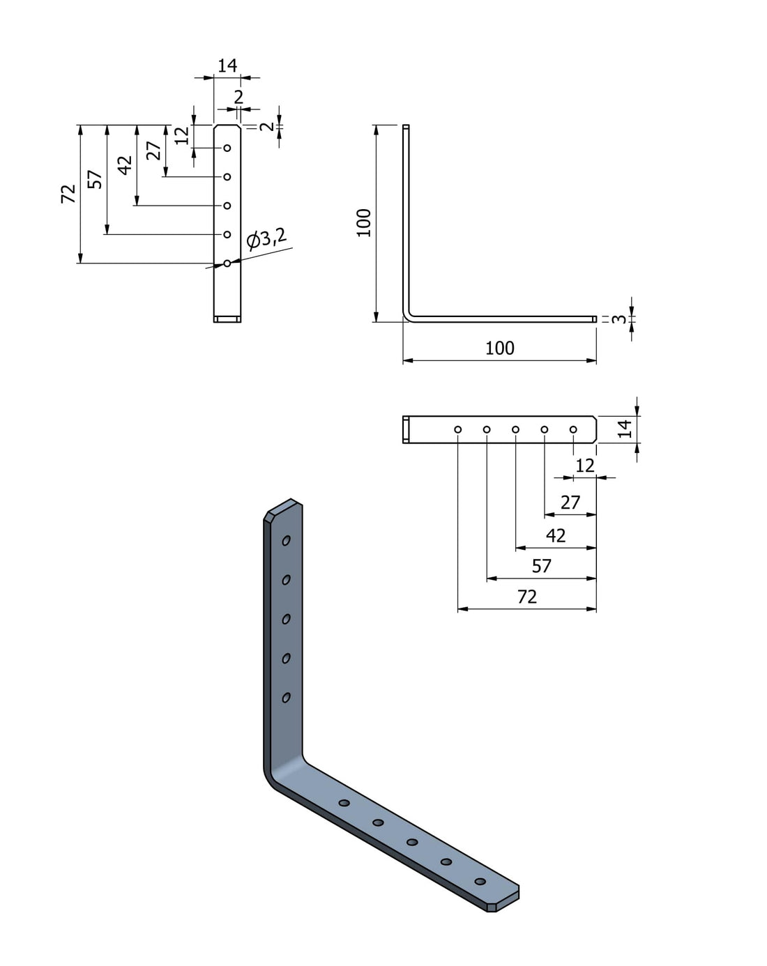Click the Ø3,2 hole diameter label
pos(266,239)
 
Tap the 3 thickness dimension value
pos(618,319)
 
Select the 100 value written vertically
pos(364,222)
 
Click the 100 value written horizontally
pos(499,348)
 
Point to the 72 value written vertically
pos(68,194)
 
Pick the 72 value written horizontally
pos(527,597)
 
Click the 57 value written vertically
pos(96,179)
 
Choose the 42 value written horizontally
pos(556,535)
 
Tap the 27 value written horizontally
pos(570,502)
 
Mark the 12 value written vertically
pos(182,135)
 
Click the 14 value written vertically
pos(625,429)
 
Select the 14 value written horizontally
pos(227,66)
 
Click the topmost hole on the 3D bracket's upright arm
pos(286,540)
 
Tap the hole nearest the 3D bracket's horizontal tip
pos(480,882)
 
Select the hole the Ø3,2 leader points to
pos(227,263)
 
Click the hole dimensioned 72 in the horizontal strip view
pos(457,429)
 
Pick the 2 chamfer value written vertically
pos(267,126)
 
